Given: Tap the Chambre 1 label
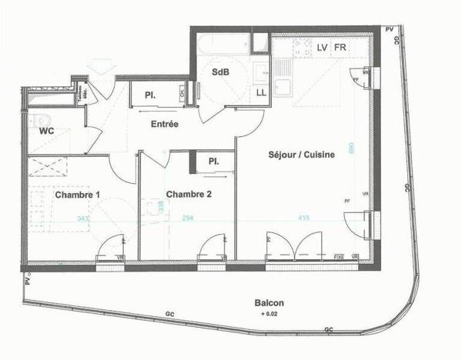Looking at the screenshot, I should coord(77,195).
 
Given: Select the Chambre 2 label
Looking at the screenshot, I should coord(189,195).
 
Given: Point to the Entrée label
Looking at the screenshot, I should coord(165,124).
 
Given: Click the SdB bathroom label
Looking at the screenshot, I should coord(219,72).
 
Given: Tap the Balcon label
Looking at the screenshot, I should coord(269,303).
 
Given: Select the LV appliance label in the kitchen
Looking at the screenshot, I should coord(323,48).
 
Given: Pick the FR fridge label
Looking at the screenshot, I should coord(340,48).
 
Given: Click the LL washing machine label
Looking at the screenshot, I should coord(261,92).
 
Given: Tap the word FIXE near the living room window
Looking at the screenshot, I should coord(338,256).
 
